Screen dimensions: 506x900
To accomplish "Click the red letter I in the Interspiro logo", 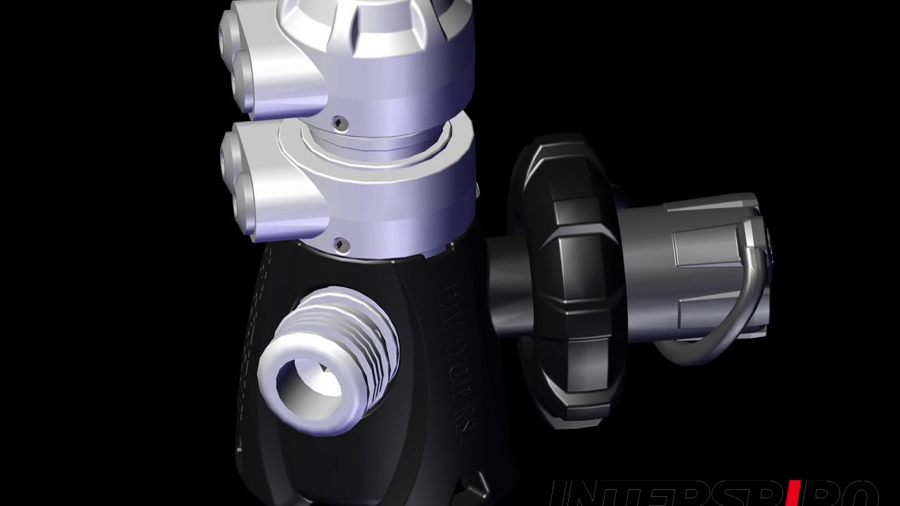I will click(792, 495).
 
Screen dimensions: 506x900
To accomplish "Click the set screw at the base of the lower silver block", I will click(341, 244).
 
